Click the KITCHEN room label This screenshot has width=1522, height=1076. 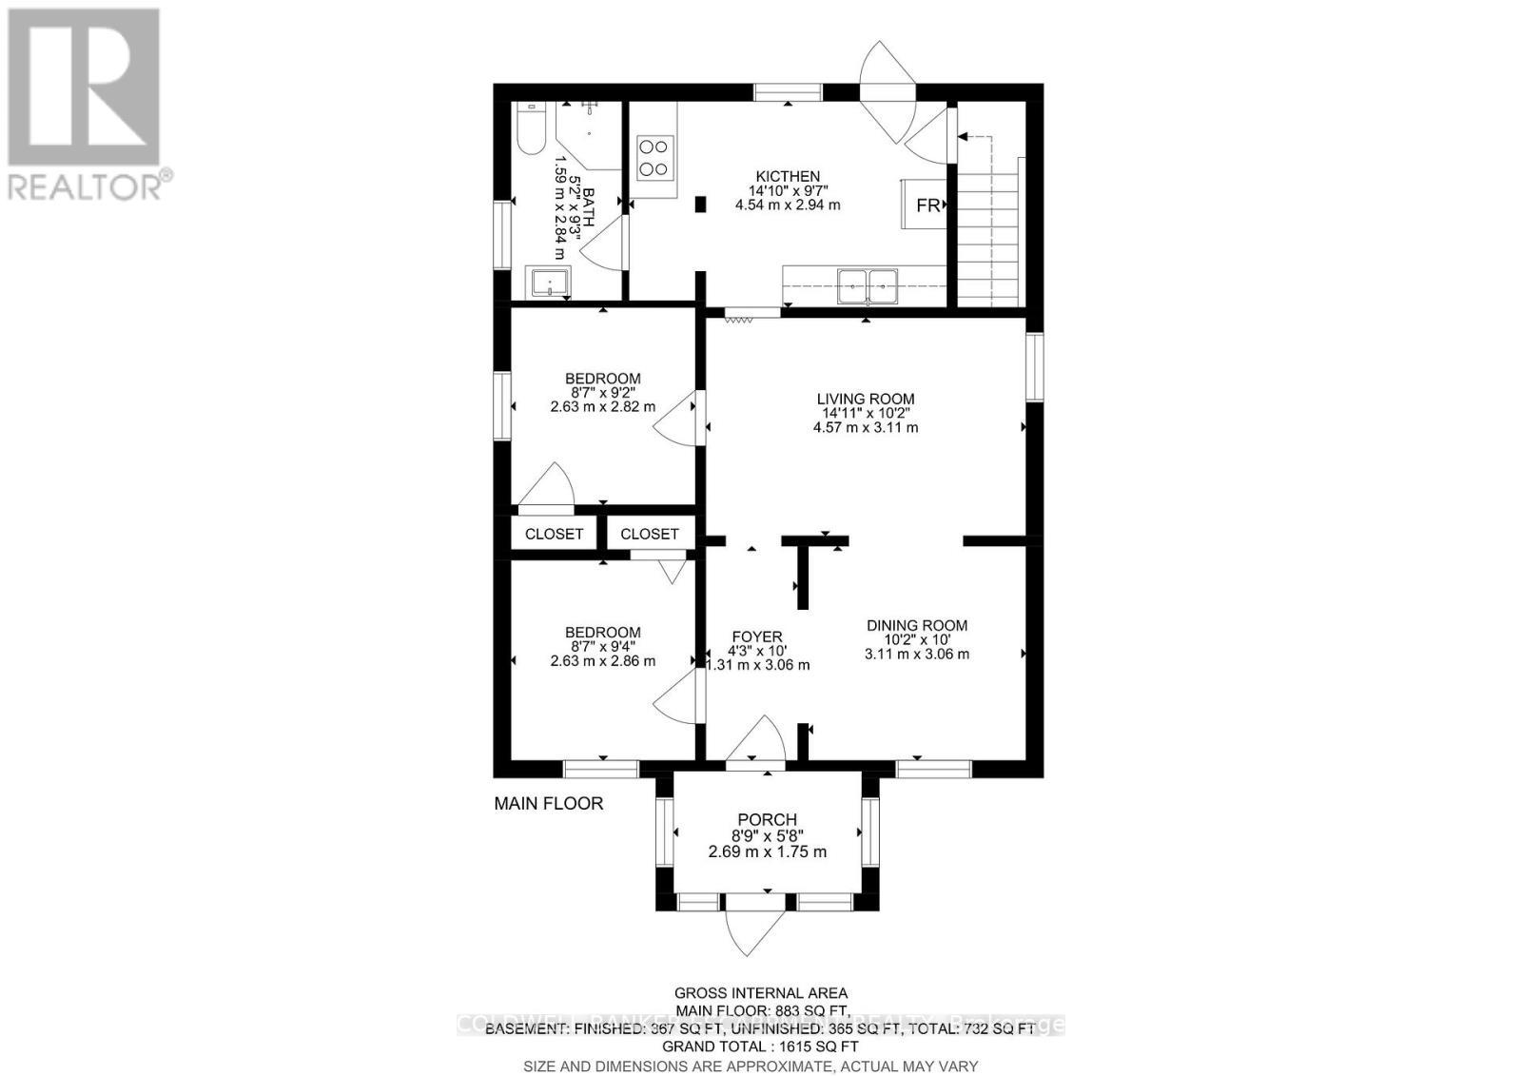click(x=788, y=176)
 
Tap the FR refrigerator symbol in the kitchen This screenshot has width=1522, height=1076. click(x=927, y=205)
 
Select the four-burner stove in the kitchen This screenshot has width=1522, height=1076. click(x=654, y=158)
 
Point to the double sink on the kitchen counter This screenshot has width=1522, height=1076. click(x=867, y=284)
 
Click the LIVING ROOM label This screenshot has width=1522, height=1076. click(x=866, y=400)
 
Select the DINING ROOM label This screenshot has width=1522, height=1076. click(x=917, y=626)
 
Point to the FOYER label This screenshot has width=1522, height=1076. click(x=757, y=637)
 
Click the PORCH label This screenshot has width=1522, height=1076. click(x=768, y=820)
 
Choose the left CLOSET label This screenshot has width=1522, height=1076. click(x=554, y=535)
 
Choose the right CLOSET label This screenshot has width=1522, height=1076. click(x=650, y=535)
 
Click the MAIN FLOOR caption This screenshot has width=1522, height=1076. click(x=549, y=804)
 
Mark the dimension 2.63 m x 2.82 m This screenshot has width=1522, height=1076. click(x=603, y=406)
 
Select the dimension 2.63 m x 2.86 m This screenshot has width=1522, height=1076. click(x=603, y=660)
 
